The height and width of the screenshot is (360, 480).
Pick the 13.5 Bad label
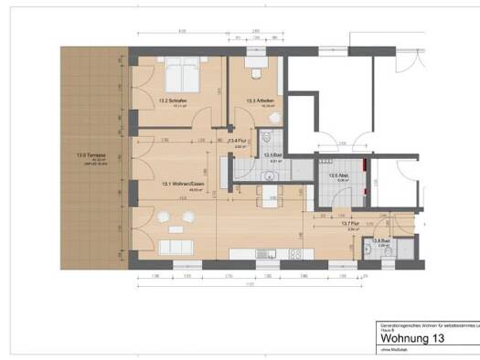pyautogui.click(x=272, y=155)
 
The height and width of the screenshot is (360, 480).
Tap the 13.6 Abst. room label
pyautogui.click(x=336, y=175)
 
